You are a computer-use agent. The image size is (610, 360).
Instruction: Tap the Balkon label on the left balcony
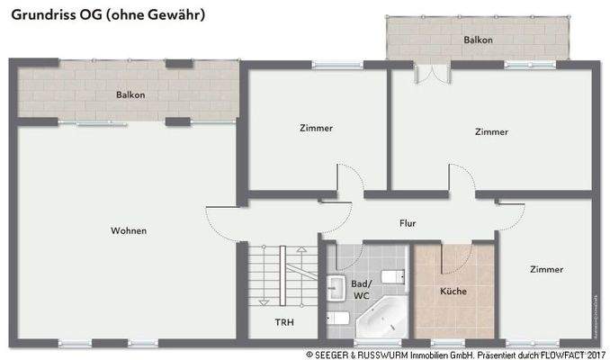pyautogui.click(x=130, y=94)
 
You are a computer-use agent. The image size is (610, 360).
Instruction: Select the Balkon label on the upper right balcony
pyautogui.click(x=478, y=40)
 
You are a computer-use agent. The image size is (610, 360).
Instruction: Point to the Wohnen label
pyautogui.click(x=129, y=231)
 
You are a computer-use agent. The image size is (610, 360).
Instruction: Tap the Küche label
pyautogui.click(x=453, y=292)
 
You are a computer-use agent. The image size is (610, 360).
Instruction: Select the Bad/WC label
pyautogui.click(x=361, y=289)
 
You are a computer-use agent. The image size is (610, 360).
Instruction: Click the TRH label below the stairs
pyautogui.click(x=283, y=321)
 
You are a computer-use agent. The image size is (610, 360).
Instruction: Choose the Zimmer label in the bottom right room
pyautogui.click(x=546, y=269)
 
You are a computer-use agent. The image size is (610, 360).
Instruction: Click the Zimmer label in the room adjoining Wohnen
pyautogui.click(x=316, y=128)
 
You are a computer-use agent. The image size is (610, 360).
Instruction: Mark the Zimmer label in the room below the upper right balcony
pyautogui.click(x=491, y=131)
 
